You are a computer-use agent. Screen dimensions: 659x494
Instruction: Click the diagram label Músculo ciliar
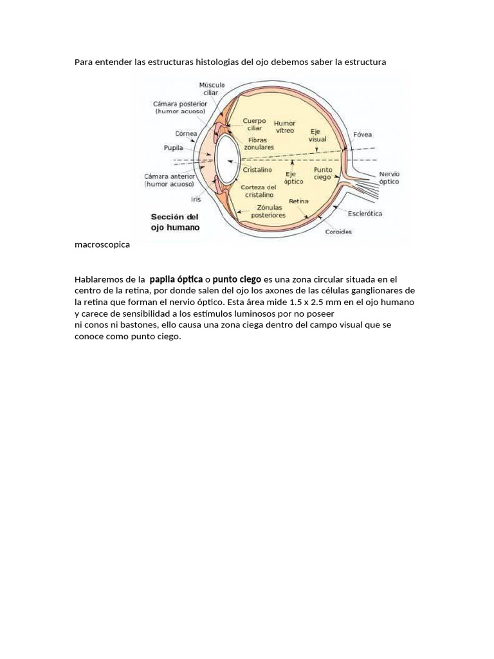click(212, 88)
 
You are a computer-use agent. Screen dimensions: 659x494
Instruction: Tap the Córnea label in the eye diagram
click(186, 134)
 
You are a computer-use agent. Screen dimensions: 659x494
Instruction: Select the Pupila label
click(174, 147)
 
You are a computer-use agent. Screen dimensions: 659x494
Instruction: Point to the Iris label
click(196, 199)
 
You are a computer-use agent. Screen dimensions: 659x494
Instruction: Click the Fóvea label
click(362, 135)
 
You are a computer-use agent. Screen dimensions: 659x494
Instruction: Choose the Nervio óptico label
click(389, 178)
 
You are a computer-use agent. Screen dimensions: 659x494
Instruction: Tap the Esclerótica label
click(365, 213)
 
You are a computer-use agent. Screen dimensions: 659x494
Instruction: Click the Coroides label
click(338, 232)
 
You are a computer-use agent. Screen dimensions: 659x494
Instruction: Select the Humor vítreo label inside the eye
click(284, 127)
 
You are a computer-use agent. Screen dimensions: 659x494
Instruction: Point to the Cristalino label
click(257, 170)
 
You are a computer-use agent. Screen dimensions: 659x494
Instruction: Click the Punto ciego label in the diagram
click(323, 173)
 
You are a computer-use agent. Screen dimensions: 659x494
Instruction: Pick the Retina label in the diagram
click(298, 201)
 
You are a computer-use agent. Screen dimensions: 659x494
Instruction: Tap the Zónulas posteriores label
click(268, 212)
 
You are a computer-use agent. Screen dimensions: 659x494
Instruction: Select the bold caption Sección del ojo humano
click(175, 222)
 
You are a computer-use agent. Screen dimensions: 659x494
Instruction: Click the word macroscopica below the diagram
click(102, 245)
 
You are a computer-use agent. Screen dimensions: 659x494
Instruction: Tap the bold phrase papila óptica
click(176, 279)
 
